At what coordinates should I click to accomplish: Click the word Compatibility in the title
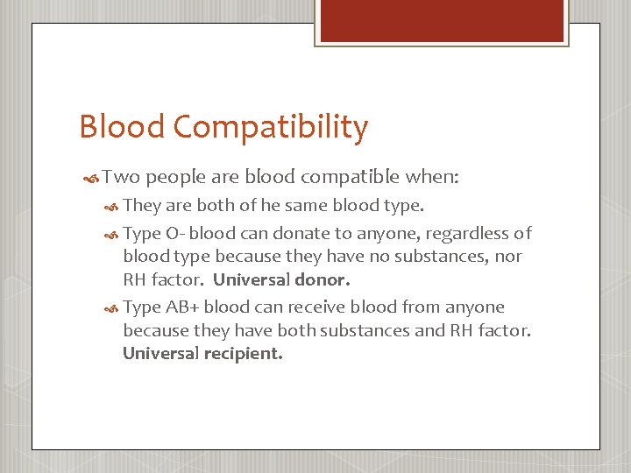pos(271,128)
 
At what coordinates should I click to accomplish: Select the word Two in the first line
pos(121,177)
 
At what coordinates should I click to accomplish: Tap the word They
pos(143,207)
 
